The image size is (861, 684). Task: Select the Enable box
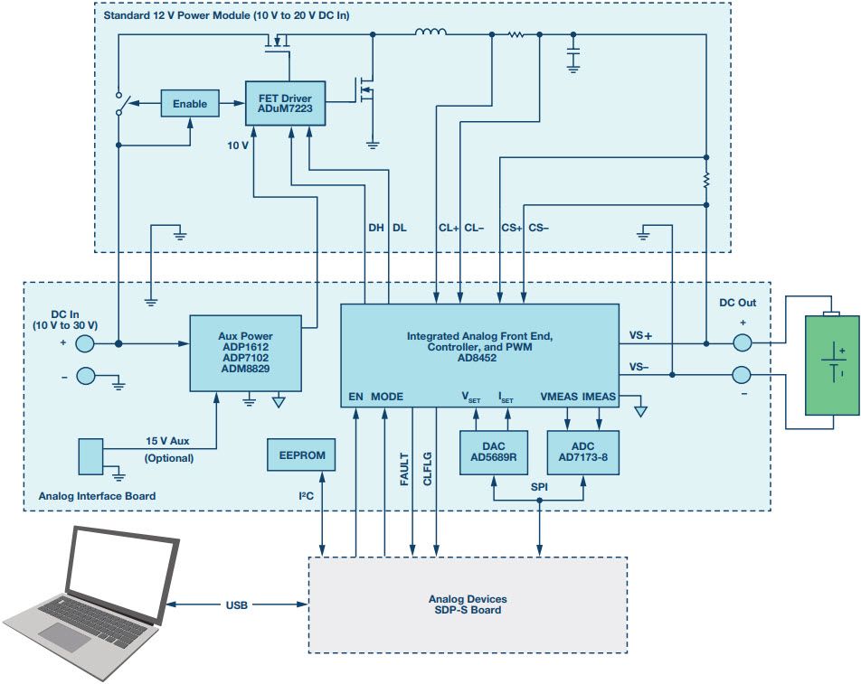pyautogui.click(x=190, y=104)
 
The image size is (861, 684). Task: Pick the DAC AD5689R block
pyautogui.click(x=493, y=452)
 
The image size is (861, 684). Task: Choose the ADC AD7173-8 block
pyautogui.click(x=583, y=452)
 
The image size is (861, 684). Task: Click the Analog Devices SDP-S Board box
pyautogui.click(x=468, y=604)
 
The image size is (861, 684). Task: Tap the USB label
pyautogui.click(x=237, y=604)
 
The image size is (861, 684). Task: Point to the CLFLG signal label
pyautogui.click(x=428, y=470)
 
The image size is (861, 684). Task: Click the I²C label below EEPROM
pyautogui.click(x=307, y=496)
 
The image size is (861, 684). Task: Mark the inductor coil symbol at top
pyautogui.click(x=430, y=34)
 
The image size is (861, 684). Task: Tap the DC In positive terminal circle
pyautogui.click(x=83, y=343)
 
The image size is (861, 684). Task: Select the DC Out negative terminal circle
pyautogui.click(x=742, y=373)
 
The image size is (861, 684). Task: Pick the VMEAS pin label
pyautogui.click(x=559, y=396)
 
